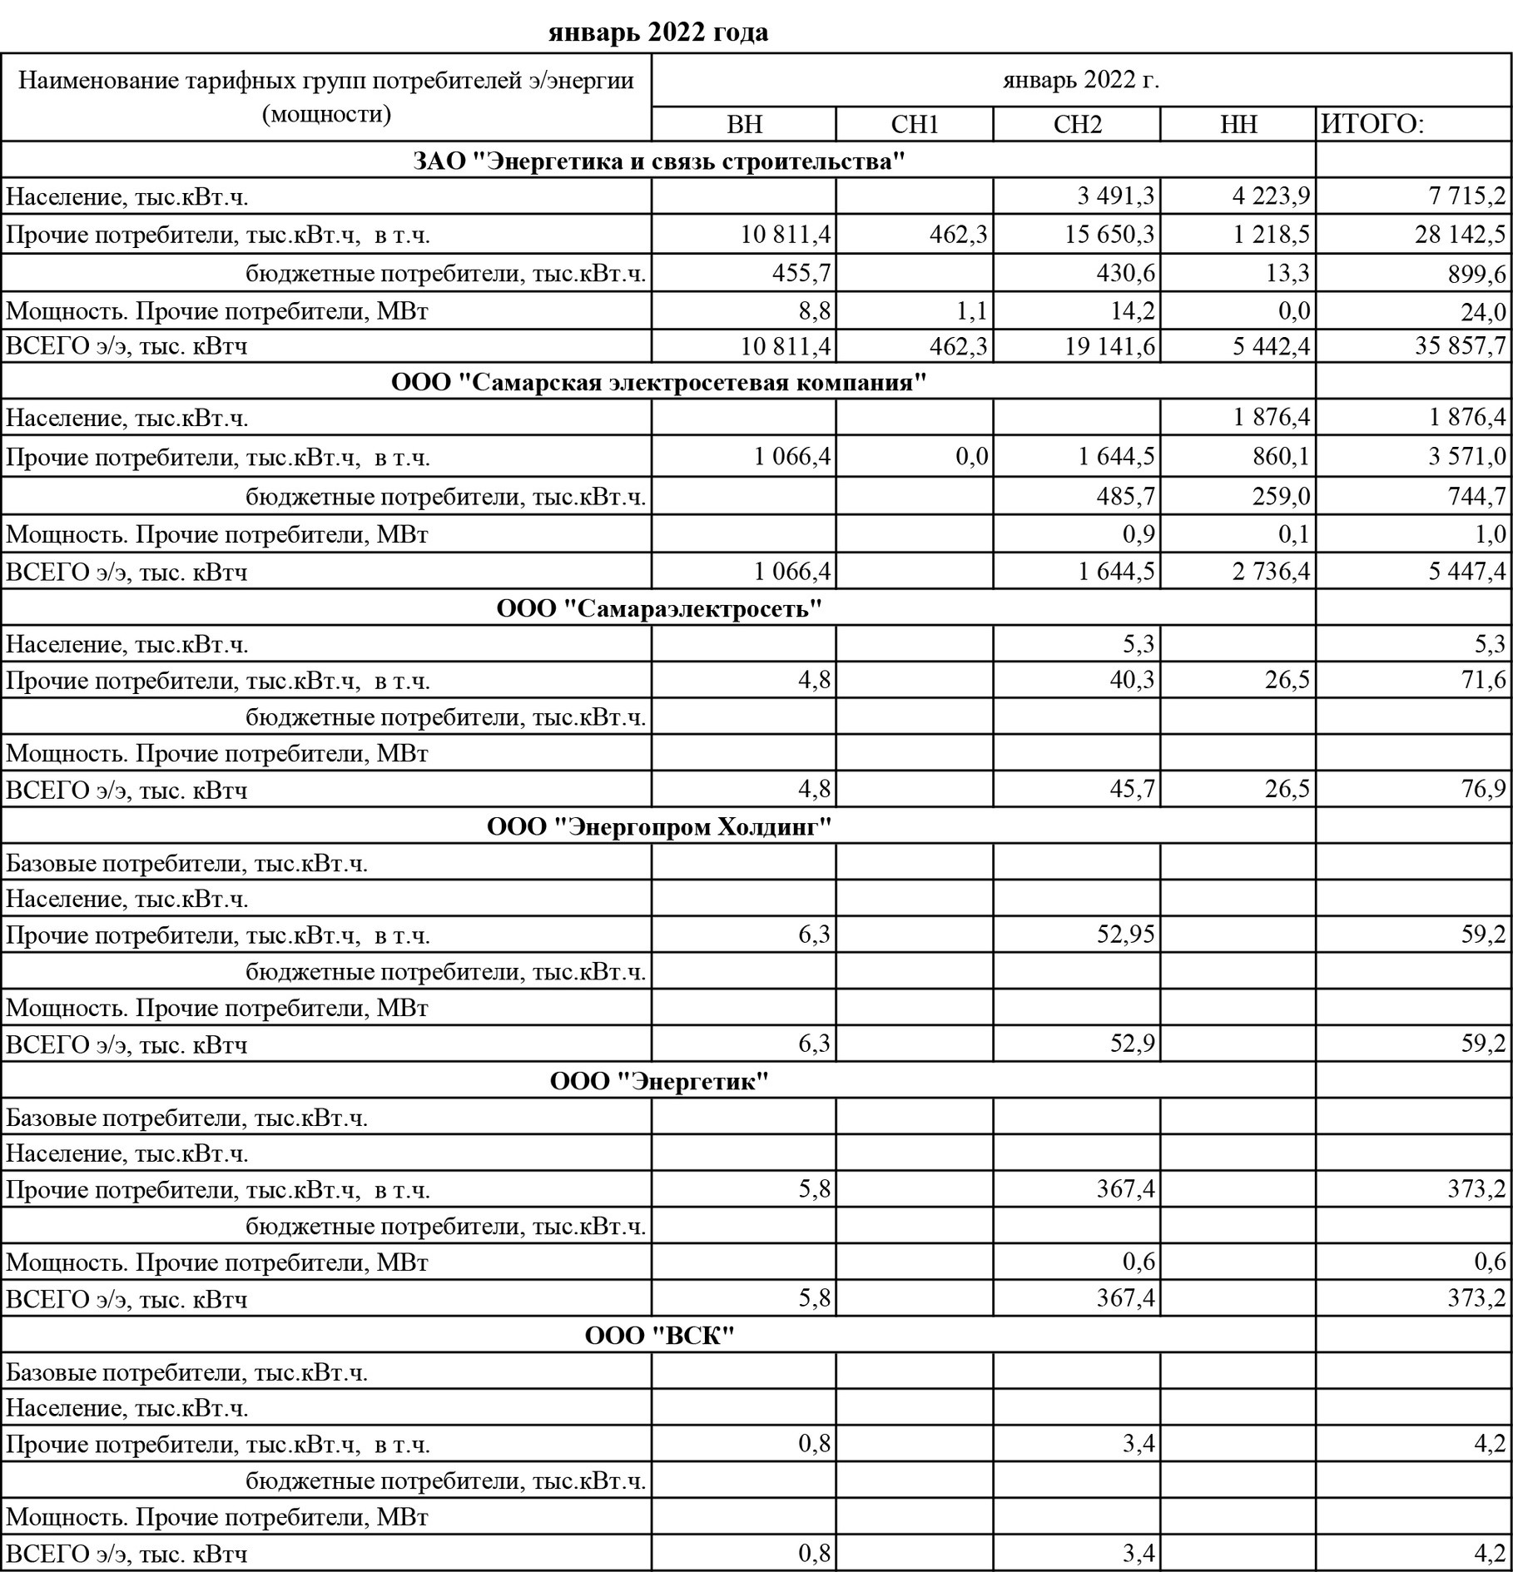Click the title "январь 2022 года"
point(658,32)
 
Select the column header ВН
point(744,125)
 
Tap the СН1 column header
point(914,125)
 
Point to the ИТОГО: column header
point(1373,125)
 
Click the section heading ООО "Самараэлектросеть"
point(658,608)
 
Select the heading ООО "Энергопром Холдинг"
point(658,826)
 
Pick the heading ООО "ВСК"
point(658,1336)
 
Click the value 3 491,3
point(1115,196)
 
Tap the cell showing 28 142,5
point(1460,235)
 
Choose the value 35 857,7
point(1460,345)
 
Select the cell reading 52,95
point(1126,935)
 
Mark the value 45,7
point(1134,789)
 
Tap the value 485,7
point(1126,496)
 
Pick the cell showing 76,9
point(1483,789)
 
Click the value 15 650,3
point(1110,235)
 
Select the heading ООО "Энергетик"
point(658,1081)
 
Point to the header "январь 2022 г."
point(1081,81)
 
